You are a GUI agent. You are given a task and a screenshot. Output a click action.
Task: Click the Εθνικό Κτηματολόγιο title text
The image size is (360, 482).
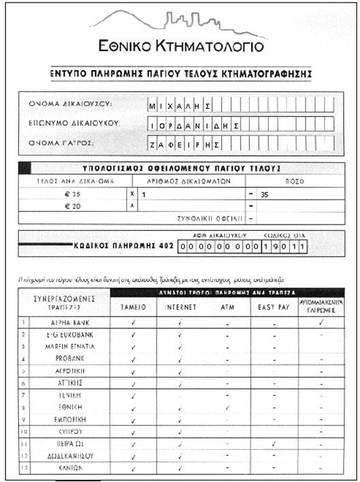coord(180,47)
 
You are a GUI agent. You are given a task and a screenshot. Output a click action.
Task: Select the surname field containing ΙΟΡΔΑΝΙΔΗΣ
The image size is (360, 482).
coord(194,125)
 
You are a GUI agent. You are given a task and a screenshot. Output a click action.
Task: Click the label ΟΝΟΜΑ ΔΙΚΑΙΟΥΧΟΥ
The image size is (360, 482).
coord(71,104)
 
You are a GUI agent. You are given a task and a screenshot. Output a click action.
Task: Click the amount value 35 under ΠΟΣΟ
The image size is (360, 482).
coord(265,195)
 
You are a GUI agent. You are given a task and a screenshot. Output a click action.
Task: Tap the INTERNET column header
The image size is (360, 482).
coord(180,307)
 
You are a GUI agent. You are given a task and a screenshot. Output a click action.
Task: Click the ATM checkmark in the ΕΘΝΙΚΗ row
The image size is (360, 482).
coord(227,407)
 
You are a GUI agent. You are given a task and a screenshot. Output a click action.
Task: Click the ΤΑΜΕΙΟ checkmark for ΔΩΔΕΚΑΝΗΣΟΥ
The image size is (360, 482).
coord(133,456)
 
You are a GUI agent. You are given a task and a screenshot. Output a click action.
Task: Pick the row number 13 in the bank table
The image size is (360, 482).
coord(24,468)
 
